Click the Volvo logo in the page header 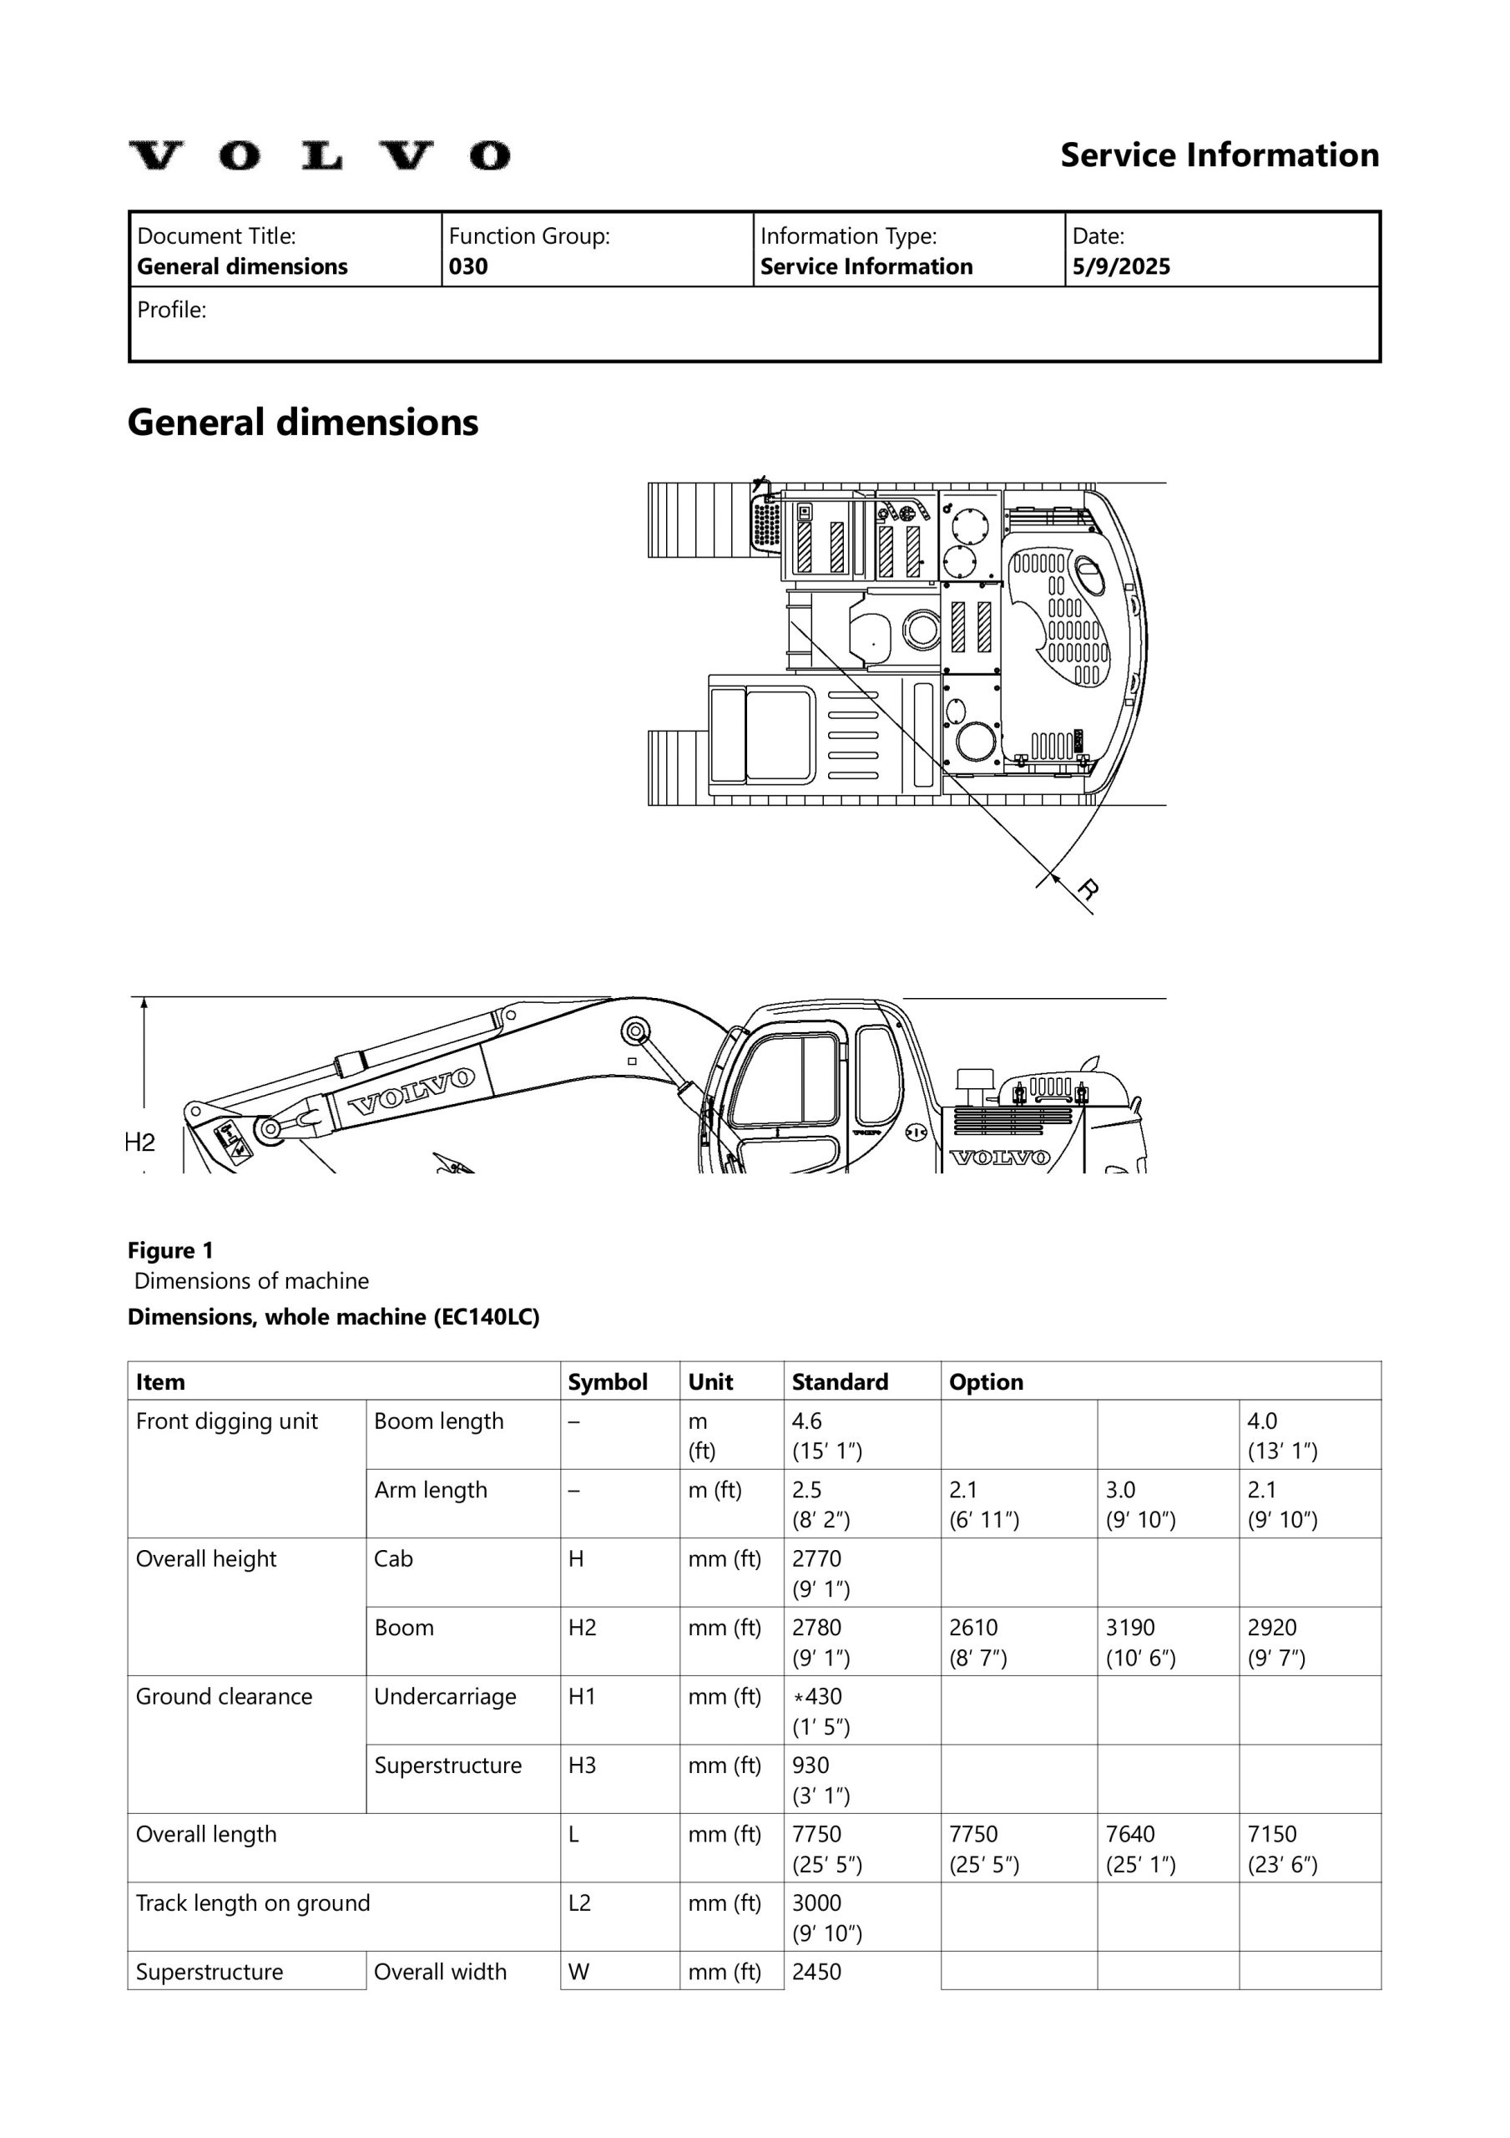318,155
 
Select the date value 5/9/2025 1121,266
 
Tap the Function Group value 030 468,266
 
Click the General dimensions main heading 302,422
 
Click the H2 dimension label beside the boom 139,1142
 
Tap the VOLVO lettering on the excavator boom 412,1092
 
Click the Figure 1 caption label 170,1249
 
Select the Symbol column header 607,1382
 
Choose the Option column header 986,1382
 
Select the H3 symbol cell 582,1765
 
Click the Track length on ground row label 253,1902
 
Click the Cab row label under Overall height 393,1558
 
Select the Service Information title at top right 1220,155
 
